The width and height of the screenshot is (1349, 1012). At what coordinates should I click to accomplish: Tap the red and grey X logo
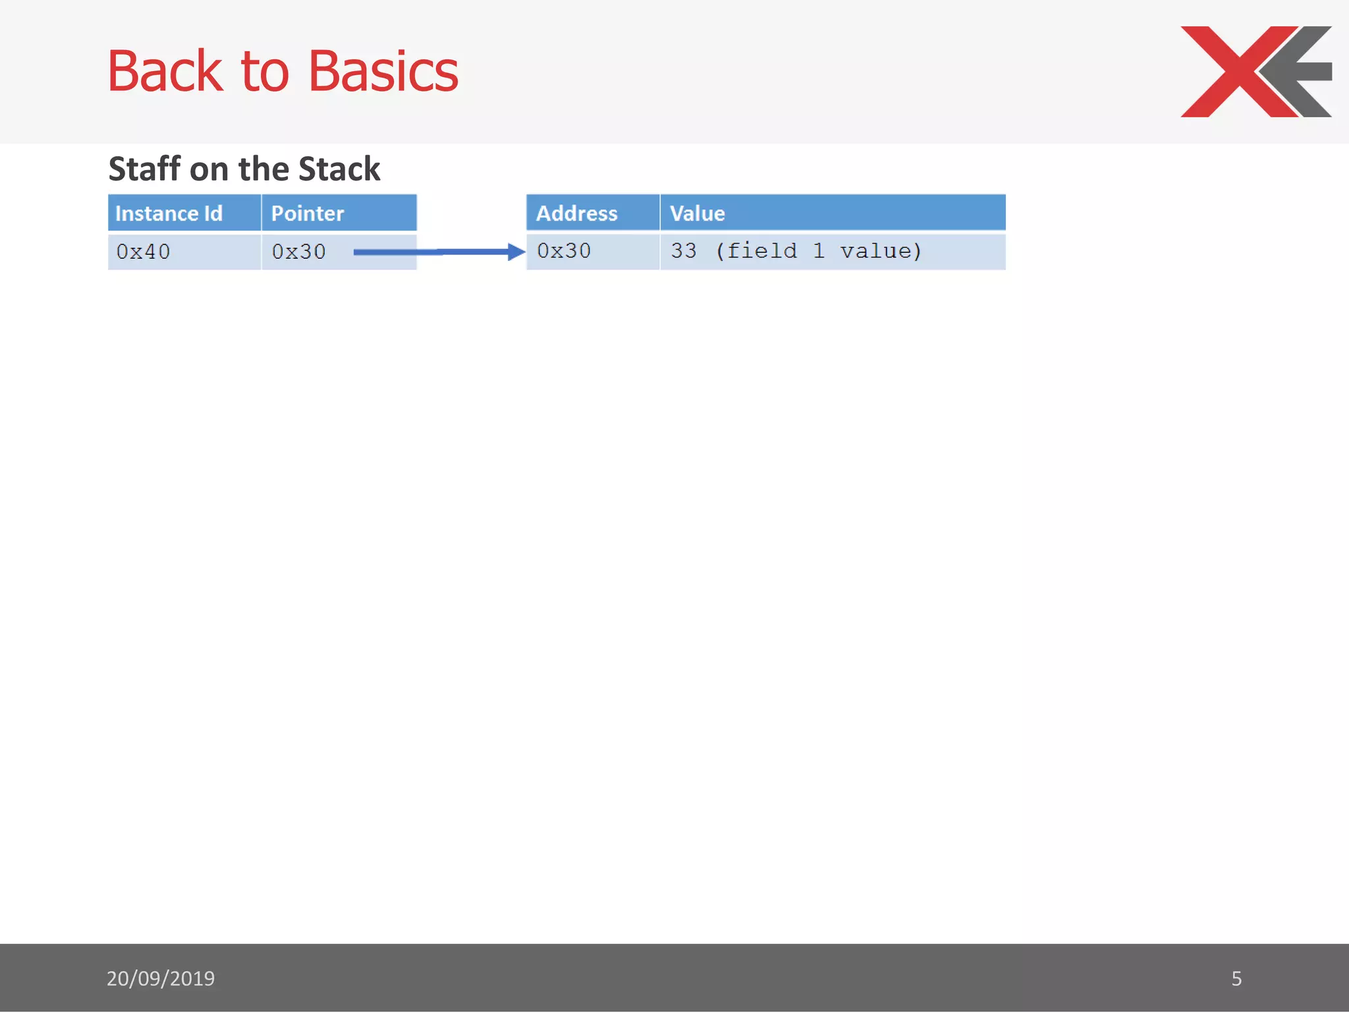1255,71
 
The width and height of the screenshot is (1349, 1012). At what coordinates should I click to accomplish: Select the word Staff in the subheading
144,169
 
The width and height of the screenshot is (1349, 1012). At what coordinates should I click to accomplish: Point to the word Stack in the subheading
339,169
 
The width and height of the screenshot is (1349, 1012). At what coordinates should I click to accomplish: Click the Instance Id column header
169,213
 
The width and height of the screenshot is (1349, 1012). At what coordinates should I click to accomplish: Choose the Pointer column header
308,213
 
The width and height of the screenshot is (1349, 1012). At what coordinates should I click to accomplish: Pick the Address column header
576,213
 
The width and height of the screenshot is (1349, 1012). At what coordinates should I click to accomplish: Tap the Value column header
697,213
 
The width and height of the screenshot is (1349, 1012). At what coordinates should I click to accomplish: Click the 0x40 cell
143,252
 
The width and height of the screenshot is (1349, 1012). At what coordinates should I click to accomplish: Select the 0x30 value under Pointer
298,252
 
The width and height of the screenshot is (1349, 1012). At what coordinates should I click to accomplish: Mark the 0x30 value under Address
564,251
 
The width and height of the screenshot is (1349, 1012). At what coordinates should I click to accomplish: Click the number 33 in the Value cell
683,251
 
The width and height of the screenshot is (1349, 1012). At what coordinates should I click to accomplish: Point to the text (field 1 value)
818,251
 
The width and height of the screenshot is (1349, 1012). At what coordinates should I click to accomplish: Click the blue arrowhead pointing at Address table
516,252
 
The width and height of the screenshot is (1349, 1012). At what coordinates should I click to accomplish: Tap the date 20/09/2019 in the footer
161,978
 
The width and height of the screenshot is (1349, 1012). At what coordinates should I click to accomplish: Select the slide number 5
1236,978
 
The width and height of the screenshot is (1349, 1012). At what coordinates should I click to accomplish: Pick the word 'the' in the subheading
263,169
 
